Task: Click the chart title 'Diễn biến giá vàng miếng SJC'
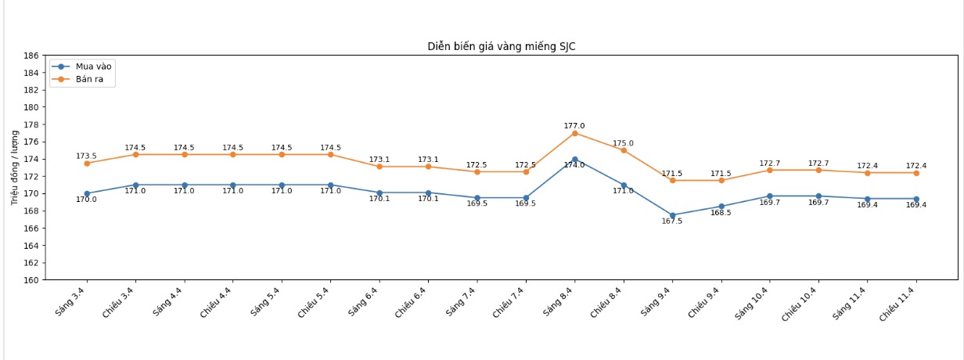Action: [x=502, y=47]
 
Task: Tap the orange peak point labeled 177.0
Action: [x=574, y=133]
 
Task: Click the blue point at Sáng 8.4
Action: [x=574, y=160]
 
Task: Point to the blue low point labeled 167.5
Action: [x=672, y=215]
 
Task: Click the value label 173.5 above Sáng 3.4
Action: [x=86, y=156]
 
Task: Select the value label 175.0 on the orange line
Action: [x=624, y=143]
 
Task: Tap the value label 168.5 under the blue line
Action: [x=721, y=213]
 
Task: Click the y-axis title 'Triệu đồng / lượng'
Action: [x=15, y=167]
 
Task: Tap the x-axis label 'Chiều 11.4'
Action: [x=900, y=304]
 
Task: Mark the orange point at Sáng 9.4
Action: [x=672, y=181]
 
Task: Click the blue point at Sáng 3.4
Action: [x=87, y=193]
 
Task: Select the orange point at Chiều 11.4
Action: [x=916, y=173]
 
